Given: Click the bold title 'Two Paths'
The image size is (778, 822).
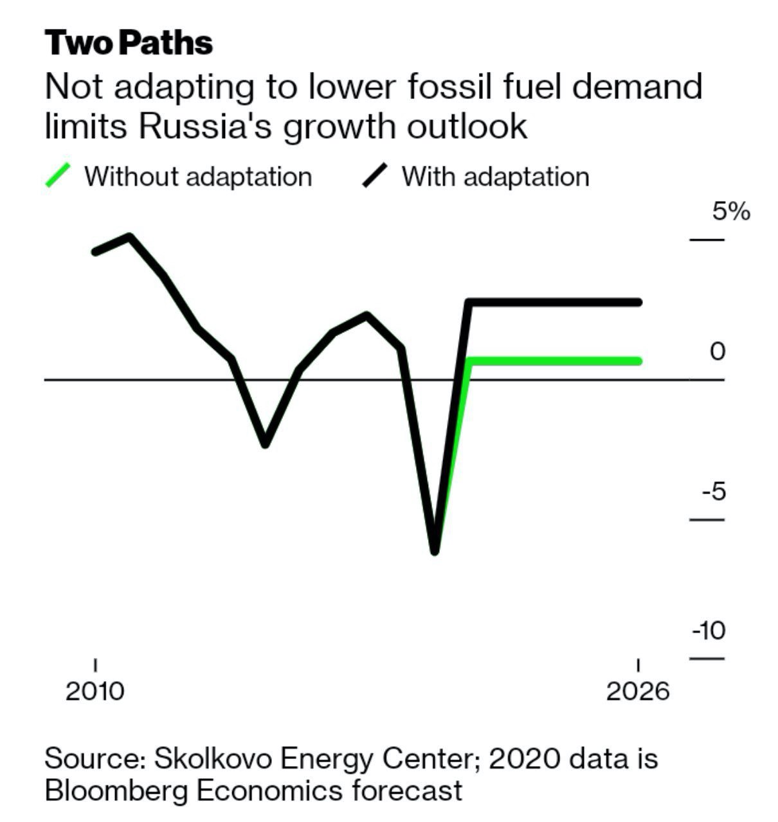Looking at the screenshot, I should tap(129, 43).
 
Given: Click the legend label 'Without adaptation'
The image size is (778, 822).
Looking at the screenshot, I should tap(198, 177).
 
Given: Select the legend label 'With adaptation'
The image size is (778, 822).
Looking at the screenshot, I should tap(495, 177).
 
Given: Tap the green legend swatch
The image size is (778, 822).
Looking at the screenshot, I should tap(58, 175).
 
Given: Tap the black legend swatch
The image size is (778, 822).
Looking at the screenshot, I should tap(375, 175).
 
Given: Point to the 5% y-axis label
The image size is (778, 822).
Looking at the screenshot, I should tap(730, 211).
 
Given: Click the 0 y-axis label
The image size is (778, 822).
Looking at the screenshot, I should tap(718, 352).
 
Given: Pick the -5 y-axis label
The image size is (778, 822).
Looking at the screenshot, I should tap(714, 492).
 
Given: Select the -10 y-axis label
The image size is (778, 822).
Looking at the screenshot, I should tap(709, 631).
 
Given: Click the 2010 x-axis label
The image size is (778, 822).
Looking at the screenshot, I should tap(95, 692).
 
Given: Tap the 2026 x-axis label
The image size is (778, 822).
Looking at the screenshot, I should tap(638, 692).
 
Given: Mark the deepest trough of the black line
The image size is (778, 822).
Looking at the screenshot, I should tap(435, 551).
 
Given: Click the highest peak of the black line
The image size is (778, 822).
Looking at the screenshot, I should tap(130, 237).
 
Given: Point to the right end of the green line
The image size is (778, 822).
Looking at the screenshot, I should tap(638, 361).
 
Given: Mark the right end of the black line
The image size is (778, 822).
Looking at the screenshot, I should tap(638, 302).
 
